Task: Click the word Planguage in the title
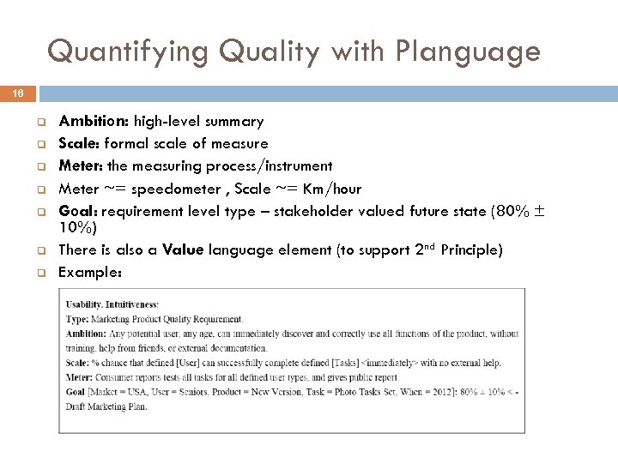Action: pyautogui.click(x=469, y=52)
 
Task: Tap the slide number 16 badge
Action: pyautogui.click(x=19, y=93)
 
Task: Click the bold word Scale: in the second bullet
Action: pyautogui.click(x=78, y=143)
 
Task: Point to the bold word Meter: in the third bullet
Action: pyautogui.click(x=80, y=165)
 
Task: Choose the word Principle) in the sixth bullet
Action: pyautogui.click(x=470, y=250)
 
